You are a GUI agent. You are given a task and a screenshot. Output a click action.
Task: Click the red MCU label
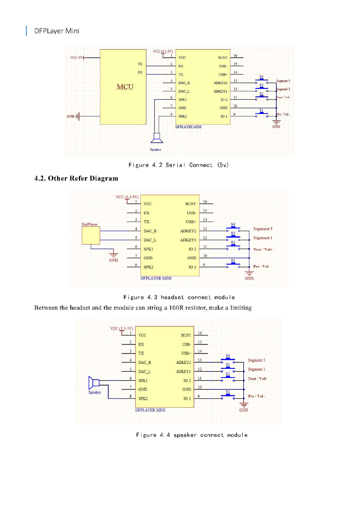tap(125, 87)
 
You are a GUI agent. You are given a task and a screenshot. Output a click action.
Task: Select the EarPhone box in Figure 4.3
tap(91, 235)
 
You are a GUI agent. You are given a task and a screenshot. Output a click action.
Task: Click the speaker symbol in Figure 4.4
tap(94, 383)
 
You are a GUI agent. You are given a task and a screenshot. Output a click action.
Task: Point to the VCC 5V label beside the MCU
tap(76, 57)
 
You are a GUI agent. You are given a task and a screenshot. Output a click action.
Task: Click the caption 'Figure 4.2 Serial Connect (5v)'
tap(178, 165)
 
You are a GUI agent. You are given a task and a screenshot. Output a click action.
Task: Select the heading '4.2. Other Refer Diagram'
tap(76, 178)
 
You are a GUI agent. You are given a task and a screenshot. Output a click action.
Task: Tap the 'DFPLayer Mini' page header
tap(57, 31)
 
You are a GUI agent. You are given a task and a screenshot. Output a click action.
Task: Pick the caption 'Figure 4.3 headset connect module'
tap(179, 297)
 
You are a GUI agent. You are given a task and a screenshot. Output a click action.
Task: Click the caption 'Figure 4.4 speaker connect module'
tap(192, 435)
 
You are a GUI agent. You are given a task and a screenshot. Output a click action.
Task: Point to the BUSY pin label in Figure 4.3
tap(190, 204)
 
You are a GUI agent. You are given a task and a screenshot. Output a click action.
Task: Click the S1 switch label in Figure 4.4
tap(228, 392)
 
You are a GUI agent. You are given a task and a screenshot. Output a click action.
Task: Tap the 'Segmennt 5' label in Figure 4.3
tap(263, 229)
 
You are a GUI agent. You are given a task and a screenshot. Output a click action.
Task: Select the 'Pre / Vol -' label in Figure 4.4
tap(257, 396)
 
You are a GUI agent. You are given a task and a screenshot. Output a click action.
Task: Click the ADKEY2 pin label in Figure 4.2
tap(220, 83)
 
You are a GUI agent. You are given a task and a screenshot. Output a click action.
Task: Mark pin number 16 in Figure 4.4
tap(200, 333)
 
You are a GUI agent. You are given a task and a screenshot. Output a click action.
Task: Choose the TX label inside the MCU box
tap(140, 64)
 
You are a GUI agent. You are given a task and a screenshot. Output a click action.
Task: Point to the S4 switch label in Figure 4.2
tap(261, 77)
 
